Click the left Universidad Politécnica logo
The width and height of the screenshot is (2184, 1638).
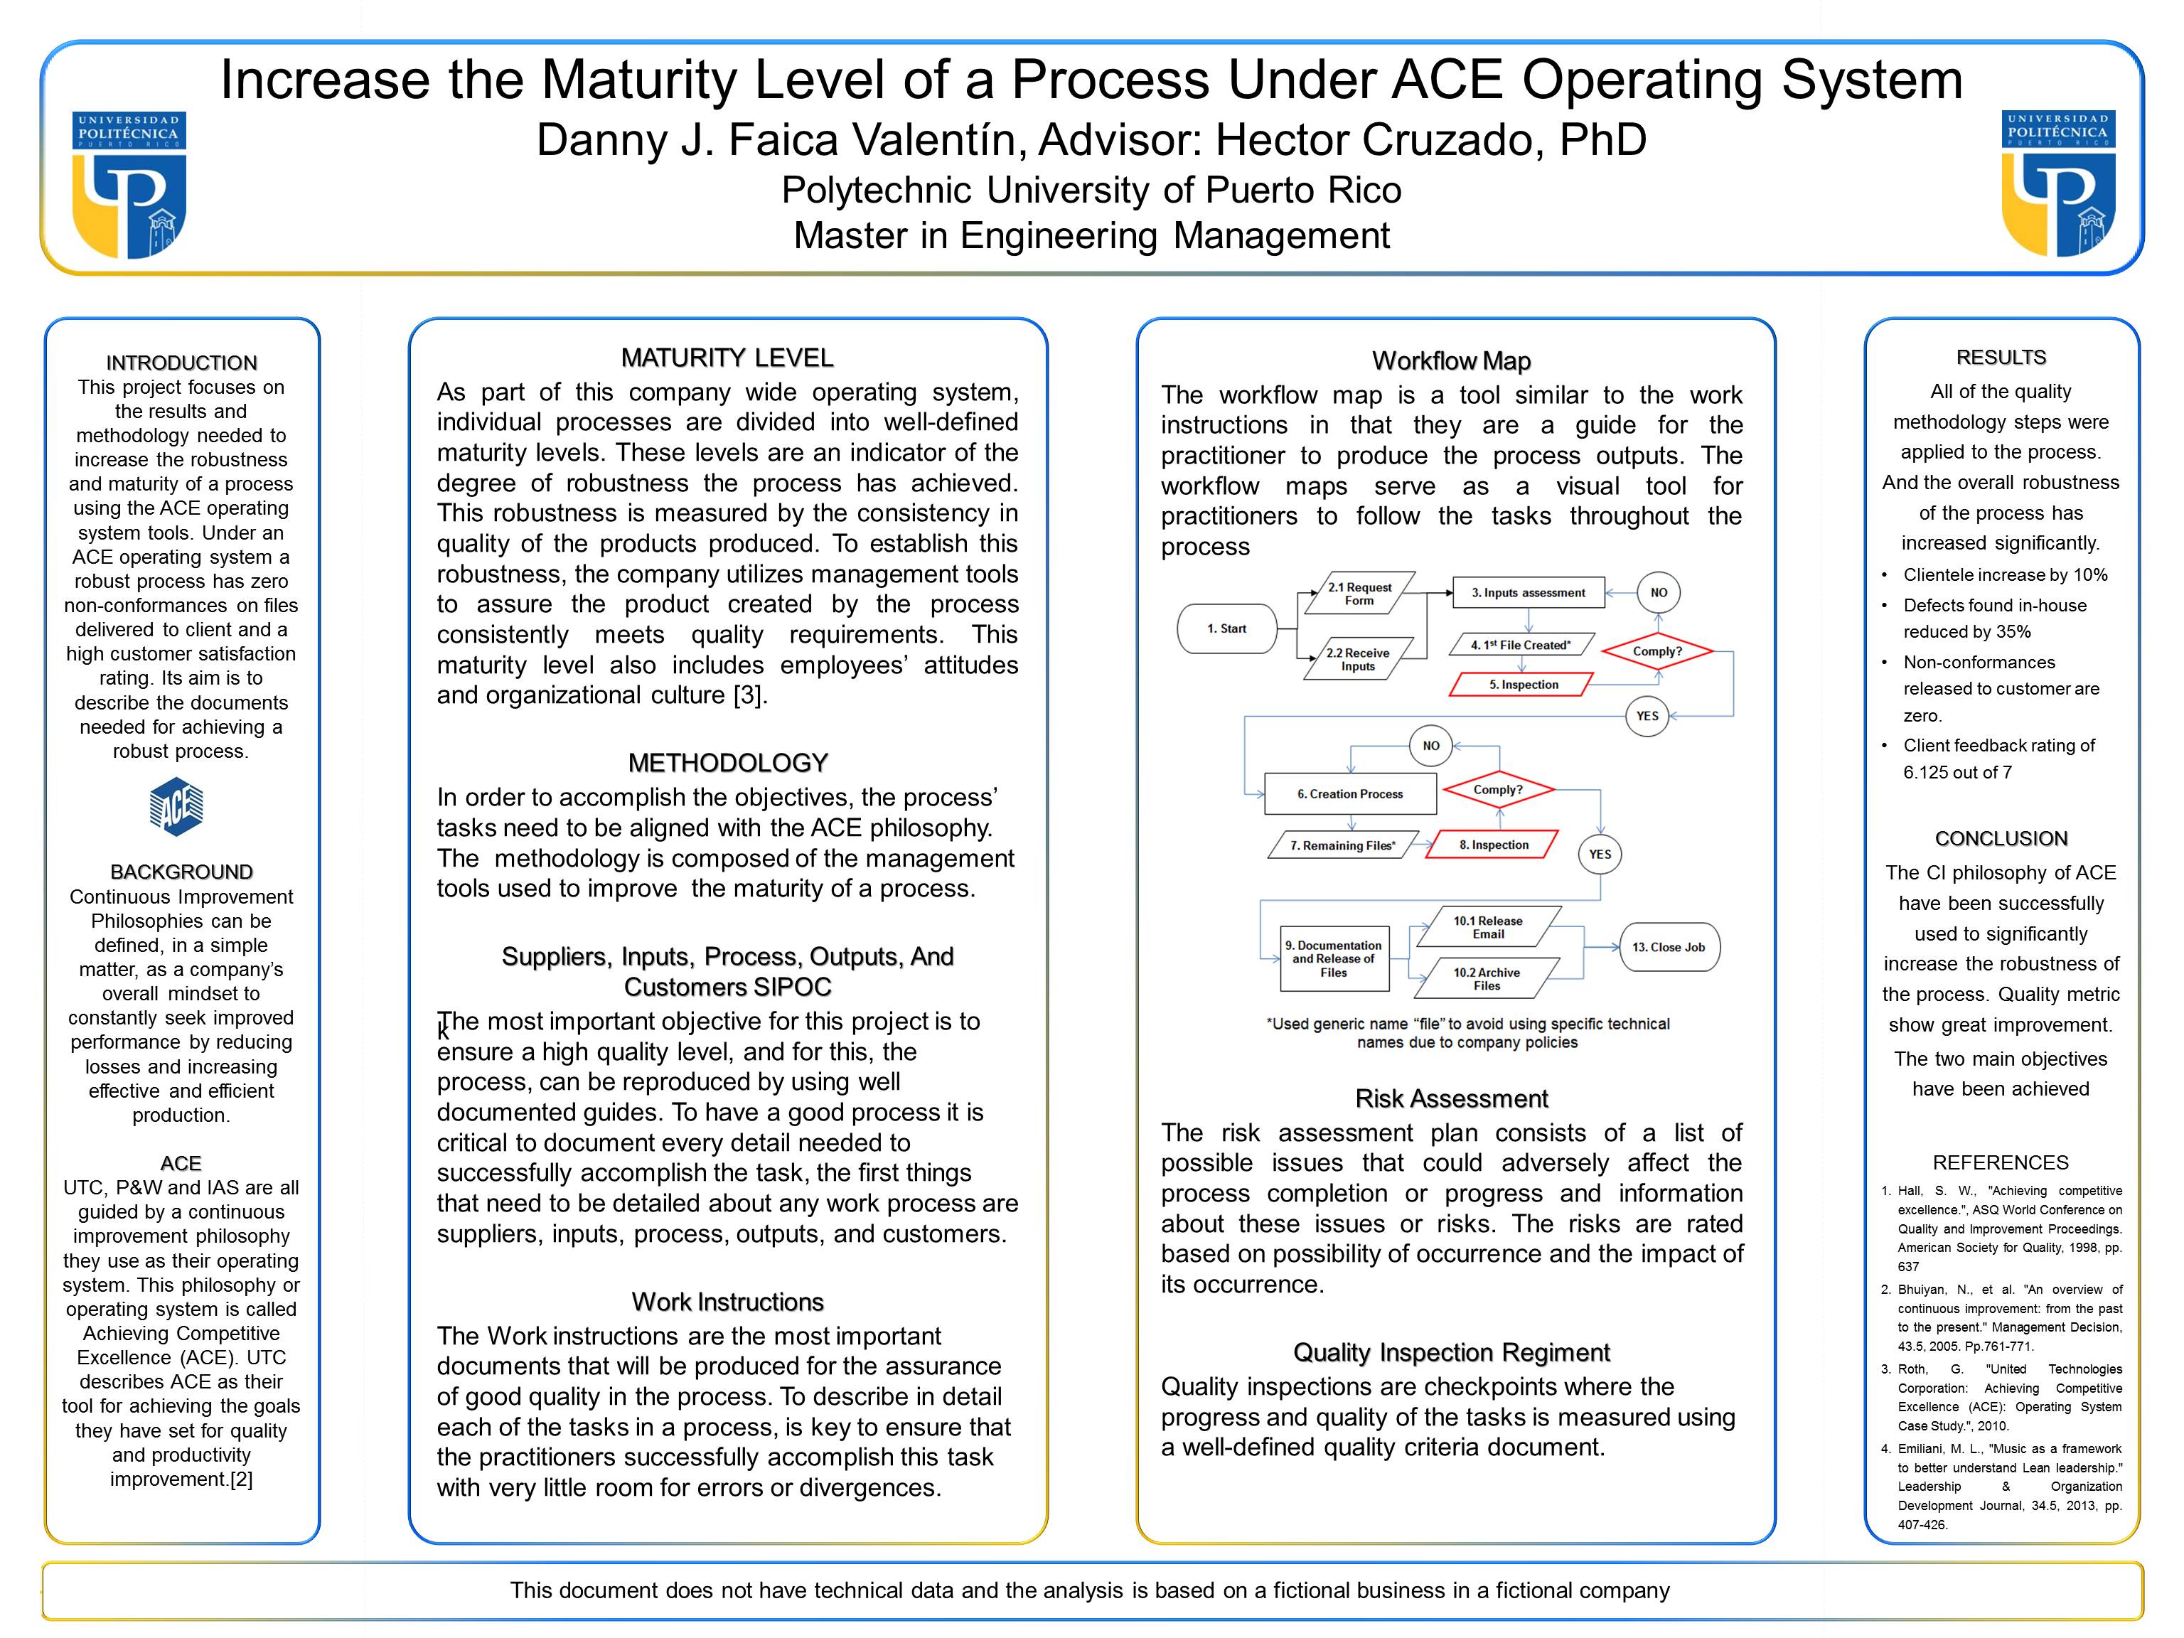[x=129, y=185]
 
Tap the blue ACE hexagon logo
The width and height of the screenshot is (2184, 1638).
[x=177, y=807]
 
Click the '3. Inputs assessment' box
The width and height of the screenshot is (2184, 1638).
[x=1529, y=592]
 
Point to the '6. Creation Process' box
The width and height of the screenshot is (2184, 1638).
[x=1349, y=794]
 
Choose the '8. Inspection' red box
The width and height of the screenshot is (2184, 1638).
[x=1493, y=845]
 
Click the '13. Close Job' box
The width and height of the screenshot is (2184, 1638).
[x=1669, y=947]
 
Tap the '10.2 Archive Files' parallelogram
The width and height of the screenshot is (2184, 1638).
[x=1487, y=978]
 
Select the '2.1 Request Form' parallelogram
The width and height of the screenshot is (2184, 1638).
[x=1359, y=594]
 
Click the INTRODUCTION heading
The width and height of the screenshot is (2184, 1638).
[x=182, y=363]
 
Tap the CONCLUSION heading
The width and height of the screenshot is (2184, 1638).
[x=2001, y=838]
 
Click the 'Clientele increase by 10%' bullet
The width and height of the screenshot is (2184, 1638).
[x=2004, y=574]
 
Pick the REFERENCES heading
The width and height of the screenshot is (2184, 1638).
[x=2001, y=1162]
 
